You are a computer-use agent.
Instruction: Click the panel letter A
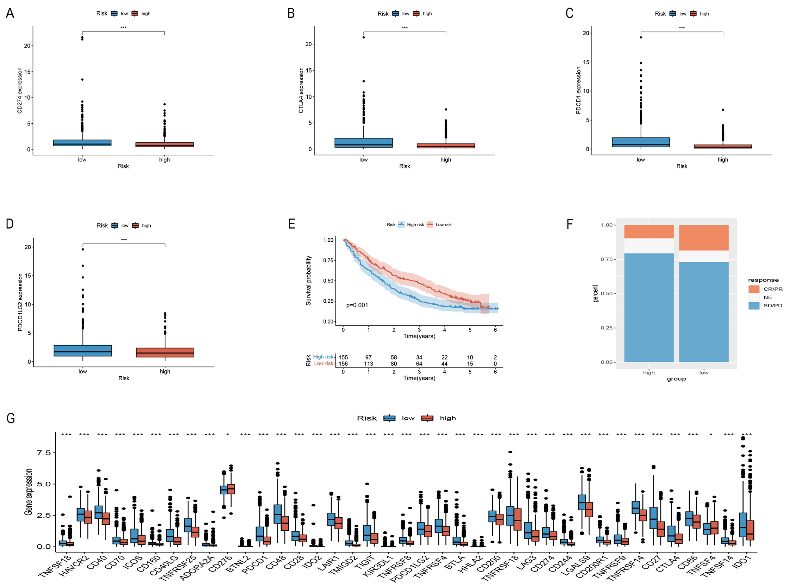pos(10,13)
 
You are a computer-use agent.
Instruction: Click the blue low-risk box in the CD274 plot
pos(82,143)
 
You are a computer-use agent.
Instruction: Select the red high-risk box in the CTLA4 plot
pos(445,146)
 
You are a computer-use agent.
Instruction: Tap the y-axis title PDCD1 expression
pos(578,91)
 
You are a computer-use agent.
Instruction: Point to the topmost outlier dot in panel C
pos(641,37)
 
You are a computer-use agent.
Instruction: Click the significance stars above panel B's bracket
pos(405,28)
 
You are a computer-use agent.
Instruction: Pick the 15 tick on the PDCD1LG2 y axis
pos(28,276)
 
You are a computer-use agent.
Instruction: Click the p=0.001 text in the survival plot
pos(357,305)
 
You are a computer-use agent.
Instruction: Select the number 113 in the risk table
pos(368,364)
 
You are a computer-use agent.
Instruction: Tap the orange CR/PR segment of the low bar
pos(703,238)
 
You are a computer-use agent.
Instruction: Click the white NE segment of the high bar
pos(648,246)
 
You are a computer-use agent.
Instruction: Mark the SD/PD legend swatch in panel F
pos(754,306)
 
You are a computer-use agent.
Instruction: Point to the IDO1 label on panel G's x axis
pos(741,562)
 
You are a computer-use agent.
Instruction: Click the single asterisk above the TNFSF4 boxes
pos(710,434)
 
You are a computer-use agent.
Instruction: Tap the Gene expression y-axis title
pos(29,492)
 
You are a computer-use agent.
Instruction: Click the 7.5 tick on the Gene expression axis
pos(44,452)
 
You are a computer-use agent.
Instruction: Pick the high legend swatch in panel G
pos(427,418)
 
